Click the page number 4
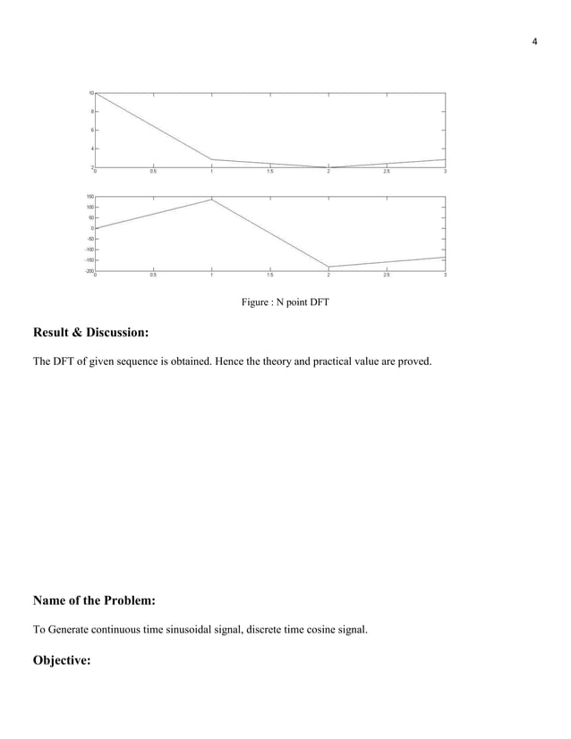point(534,42)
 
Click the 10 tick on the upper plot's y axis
point(91,93)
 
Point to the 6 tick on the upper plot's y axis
point(91,130)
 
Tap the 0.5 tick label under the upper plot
point(153,172)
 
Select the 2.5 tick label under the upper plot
point(387,172)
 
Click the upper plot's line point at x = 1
point(211,159)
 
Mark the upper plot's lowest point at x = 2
point(328,167)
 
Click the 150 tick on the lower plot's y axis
point(89,196)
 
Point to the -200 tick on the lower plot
point(89,271)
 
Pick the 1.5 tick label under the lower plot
point(269,276)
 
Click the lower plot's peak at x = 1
point(211,200)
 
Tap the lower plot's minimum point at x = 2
point(328,267)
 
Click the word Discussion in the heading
point(111,333)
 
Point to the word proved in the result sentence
point(414,361)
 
